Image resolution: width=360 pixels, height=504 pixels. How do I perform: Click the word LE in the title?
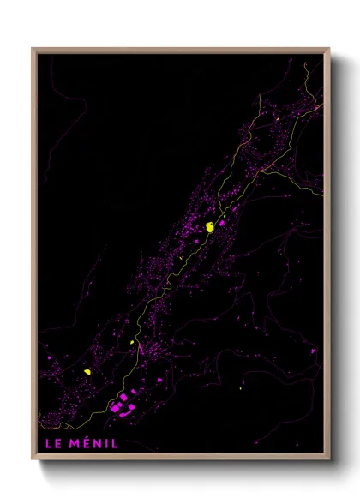coord(51,444)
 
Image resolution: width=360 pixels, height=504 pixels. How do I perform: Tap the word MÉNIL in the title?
coord(92,444)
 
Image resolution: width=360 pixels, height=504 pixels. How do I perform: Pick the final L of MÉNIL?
coord(115,444)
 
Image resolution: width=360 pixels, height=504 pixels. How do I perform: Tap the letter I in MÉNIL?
coord(105,444)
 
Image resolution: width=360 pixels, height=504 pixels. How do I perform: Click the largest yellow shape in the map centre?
coord(208,227)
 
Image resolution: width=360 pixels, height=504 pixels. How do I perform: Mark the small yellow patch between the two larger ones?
coord(133,342)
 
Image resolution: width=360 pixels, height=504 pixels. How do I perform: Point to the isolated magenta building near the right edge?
coord(312,351)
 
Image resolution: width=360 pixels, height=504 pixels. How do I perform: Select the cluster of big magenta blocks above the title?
coord(127,403)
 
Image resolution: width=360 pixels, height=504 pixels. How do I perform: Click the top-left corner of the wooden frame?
coord(33,49)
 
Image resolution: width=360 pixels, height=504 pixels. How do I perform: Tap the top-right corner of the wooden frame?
coord(329,49)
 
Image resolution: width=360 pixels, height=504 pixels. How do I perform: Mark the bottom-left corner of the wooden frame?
coord(33,460)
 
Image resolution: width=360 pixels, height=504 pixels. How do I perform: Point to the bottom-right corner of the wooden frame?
coord(329,460)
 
